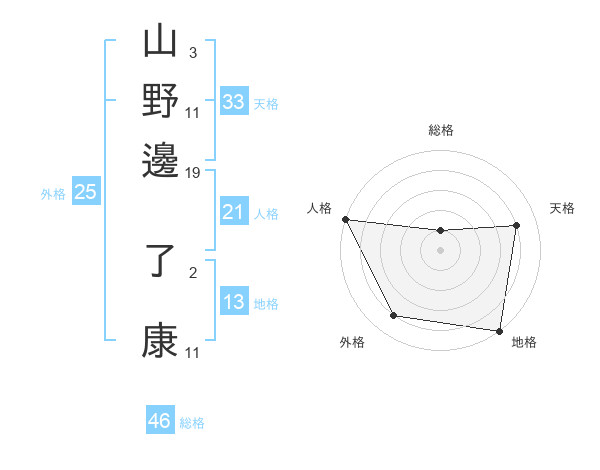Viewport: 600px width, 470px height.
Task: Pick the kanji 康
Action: point(160,339)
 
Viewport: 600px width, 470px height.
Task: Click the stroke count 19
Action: point(193,173)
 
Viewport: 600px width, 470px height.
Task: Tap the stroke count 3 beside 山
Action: point(193,52)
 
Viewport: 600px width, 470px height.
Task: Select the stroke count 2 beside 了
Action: point(193,271)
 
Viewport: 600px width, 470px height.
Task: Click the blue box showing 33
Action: point(233,102)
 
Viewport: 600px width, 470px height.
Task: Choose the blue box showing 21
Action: point(233,212)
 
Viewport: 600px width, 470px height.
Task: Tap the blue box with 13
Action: point(233,302)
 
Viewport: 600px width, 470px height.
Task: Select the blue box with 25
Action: point(85,192)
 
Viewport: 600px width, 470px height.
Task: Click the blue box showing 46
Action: point(160,421)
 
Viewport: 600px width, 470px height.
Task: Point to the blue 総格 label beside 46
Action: point(192,423)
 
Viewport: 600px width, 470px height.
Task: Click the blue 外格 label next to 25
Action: point(53,194)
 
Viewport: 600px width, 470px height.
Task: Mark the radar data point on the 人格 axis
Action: point(345,219)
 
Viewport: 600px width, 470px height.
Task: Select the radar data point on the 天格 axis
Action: point(517,225)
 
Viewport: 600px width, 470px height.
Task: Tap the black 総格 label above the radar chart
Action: point(440,130)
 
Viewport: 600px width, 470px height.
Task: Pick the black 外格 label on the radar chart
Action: point(352,343)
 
